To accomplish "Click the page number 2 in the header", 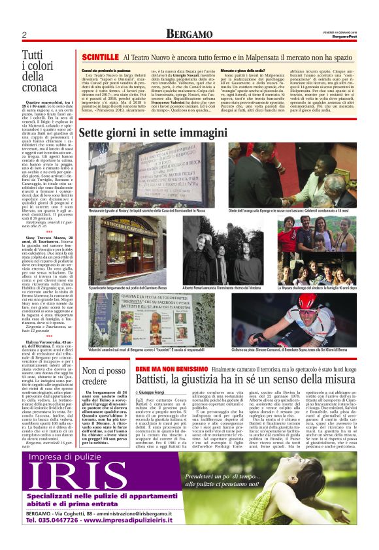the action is [x=24, y=35].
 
